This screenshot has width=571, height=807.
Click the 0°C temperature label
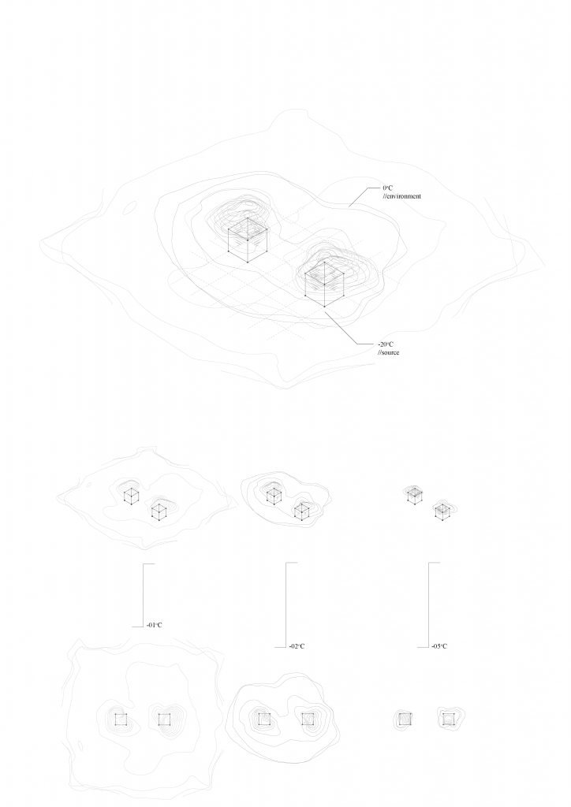coord(387,188)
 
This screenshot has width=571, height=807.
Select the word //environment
coord(401,196)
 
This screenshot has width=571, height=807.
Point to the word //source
coord(388,352)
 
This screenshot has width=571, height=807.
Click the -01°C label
coord(154,625)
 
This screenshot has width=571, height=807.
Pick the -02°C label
coord(297,646)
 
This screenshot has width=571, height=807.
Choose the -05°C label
coord(439,646)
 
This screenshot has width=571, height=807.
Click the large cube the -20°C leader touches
coord(324,284)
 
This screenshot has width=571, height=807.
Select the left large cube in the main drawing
coord(248,240)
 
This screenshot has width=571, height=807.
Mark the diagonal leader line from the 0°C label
coord(359,197)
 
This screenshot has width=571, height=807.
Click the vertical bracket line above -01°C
coord(143,595)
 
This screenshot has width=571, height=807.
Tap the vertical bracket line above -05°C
coord(428,604)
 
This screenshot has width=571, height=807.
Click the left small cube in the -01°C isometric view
coord(131,496)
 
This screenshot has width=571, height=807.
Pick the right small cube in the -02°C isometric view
coord(300,511)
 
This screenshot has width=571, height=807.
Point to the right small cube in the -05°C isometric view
coord(442,511)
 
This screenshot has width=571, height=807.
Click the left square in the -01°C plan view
coord(121,719)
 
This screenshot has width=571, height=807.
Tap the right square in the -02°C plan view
coord(308,719)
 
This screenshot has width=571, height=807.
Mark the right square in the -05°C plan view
coord(449,719)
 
